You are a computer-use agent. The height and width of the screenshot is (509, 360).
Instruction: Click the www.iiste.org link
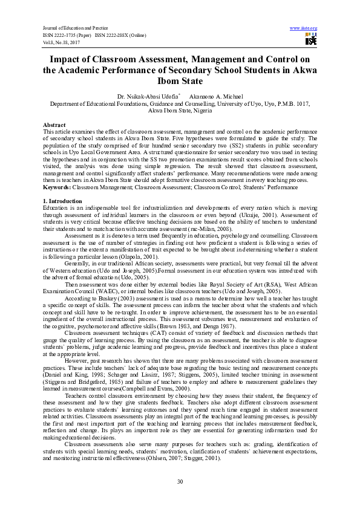304,28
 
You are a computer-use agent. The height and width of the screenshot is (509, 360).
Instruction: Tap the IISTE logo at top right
311,40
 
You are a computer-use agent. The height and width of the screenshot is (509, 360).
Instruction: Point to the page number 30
180,481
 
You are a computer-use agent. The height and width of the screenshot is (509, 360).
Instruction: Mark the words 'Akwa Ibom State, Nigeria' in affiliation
180,111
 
